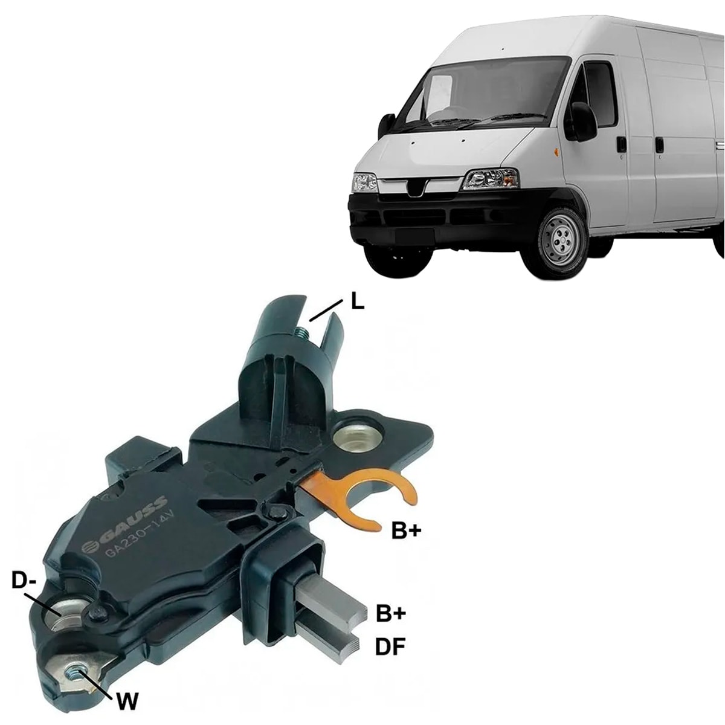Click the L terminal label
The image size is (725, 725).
(x=357, y=303)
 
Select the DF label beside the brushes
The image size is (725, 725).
(x=390, y=647)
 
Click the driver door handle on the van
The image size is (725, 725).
(x=622, y=144)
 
